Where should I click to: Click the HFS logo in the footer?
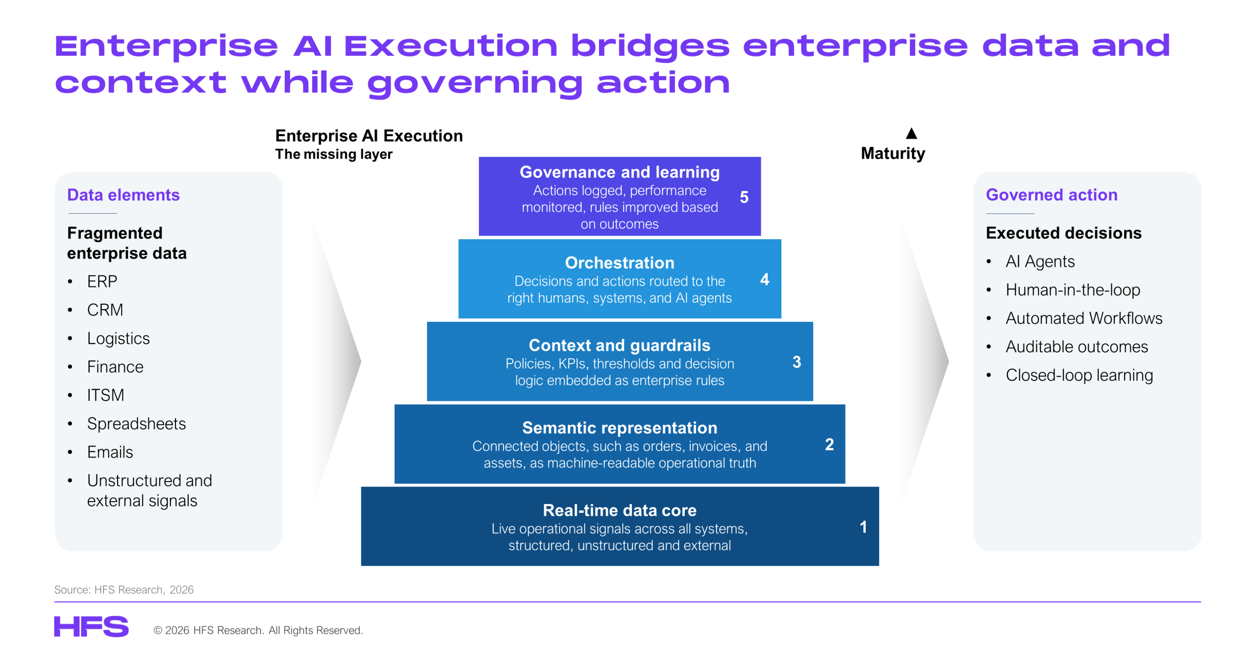[x=91, y=626]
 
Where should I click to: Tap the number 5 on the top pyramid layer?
[x=744, y=197]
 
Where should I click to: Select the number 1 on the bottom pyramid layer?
[x=863, y=527]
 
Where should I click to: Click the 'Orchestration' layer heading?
[x=620, y=263]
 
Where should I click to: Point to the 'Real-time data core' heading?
[x=620, y=510]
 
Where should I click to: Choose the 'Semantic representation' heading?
[x=620, y=428]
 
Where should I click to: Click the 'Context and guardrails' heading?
[x=620, y=345]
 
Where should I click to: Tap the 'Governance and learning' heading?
[x=620, y=172]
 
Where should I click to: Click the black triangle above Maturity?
[x=911, y=133]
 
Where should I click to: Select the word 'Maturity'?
[x=893, y=153]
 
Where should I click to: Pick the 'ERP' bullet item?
[x=102, y=281]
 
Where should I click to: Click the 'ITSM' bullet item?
[x=105, y=395]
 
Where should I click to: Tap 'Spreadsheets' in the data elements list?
[x=136, y=423]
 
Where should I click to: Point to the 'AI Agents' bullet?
[x=1040, y=261]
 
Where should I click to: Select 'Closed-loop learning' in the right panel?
[x=1079, y=375]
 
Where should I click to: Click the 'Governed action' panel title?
[x=1052, y=194]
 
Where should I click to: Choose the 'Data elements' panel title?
[x=124, y=194]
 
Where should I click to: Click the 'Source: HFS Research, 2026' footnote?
[x=124, y=589]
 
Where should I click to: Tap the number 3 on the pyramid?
[x=797, y=362]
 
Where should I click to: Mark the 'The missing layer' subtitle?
[x=334, y=154]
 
